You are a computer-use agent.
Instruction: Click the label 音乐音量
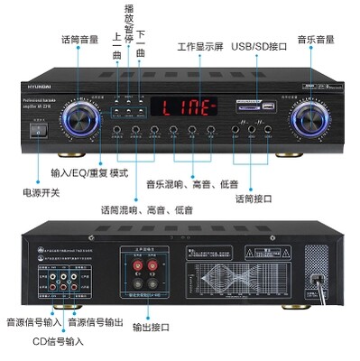(315, 40)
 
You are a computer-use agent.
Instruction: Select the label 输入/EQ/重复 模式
(91, 172)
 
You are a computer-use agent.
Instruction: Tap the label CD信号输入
(58, 340)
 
